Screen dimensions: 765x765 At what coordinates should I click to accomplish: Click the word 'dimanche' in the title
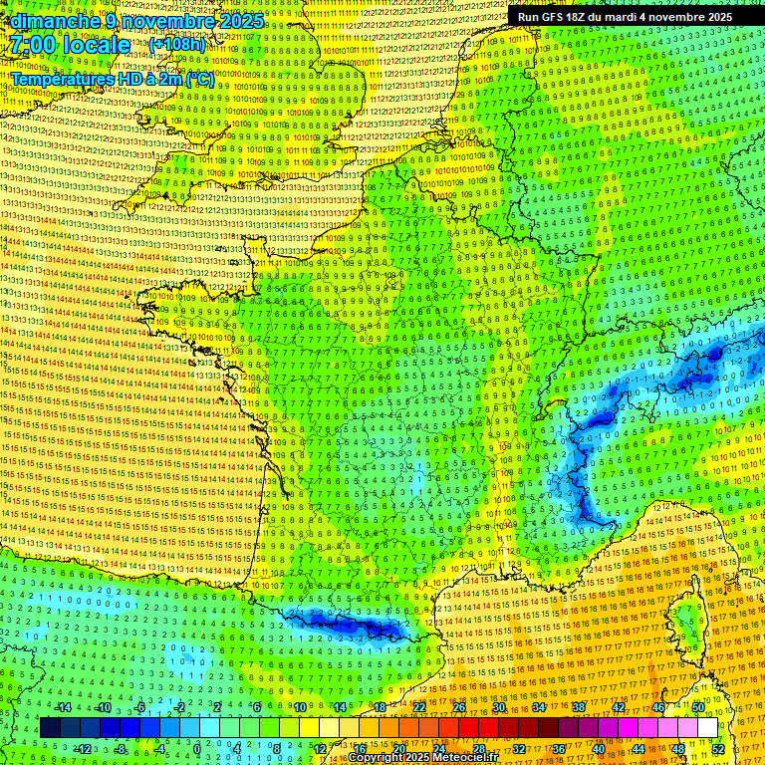tap(49, 21)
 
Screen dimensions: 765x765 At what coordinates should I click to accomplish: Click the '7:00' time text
tap(38, 45)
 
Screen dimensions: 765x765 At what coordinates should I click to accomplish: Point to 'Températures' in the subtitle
tap(61, 79)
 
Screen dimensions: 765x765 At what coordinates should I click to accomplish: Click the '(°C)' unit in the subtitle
tap(197, 79)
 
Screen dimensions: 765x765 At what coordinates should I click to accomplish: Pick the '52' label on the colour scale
tap(717, 748)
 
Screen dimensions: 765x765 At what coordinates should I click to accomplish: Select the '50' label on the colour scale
tap(697, 707)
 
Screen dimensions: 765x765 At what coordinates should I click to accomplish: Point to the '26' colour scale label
tap(459, 707)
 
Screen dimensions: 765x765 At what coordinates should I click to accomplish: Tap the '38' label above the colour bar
tap(578, 707)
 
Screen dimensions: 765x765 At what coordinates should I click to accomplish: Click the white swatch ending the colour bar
tap(707, 728)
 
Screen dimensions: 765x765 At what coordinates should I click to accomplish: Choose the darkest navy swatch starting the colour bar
tap(51, 728)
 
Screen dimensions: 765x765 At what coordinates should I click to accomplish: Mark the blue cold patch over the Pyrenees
tap(349, 625)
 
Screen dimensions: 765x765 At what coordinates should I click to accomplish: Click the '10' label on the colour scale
tap(300, 707)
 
